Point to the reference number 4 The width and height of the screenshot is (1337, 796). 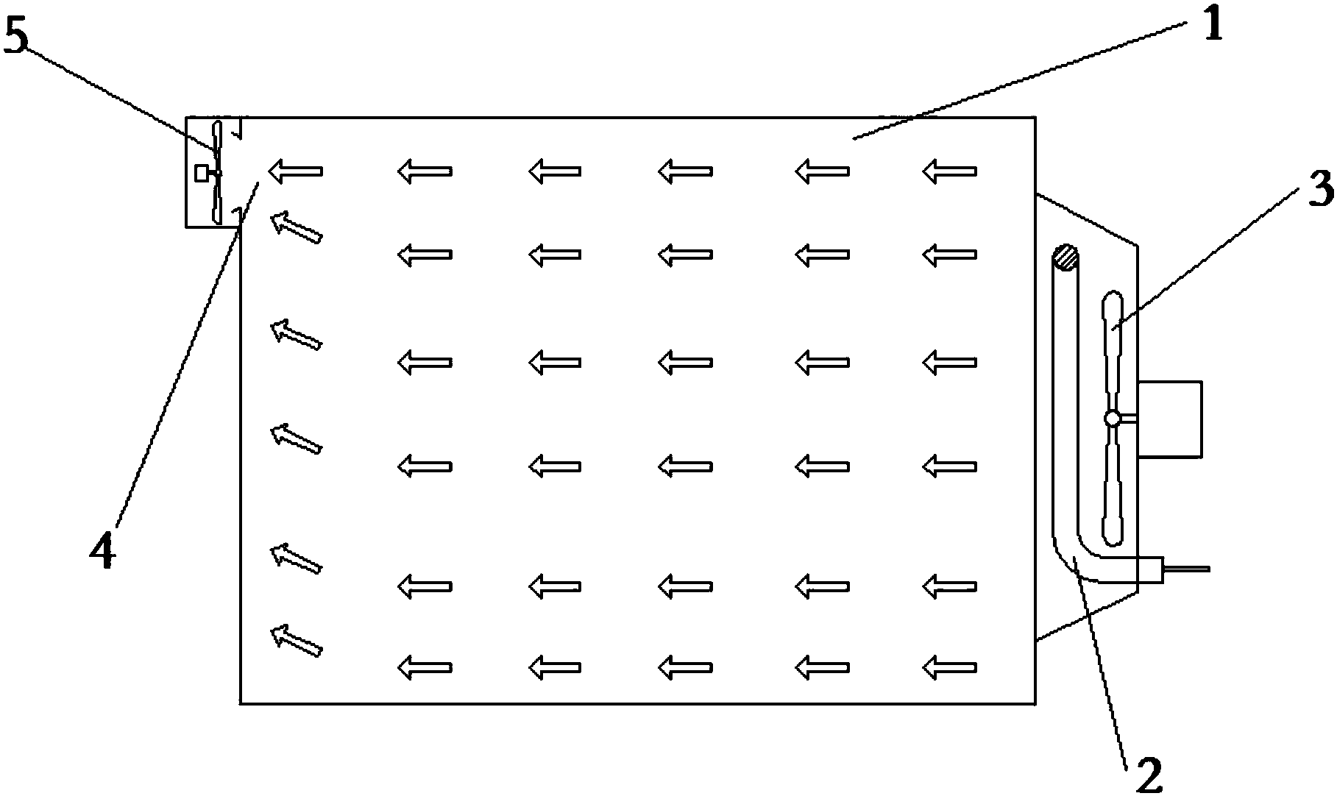tap(102, 552)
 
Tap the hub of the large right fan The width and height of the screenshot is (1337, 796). tap(1113, 419)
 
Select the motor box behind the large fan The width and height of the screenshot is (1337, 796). tap(1170, 419)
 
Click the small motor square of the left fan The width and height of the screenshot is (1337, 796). tap(202, 174)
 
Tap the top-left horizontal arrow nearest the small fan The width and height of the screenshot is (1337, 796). tap(295, 171)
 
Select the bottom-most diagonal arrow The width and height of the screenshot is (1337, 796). tap(297, 641)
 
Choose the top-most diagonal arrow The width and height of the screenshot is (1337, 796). tap(297, 227)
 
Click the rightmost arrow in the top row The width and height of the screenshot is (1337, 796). tap(949, 171)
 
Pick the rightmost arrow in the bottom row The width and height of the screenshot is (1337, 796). tap(949, 668)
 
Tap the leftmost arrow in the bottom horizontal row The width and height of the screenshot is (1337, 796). tap(425, 668)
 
